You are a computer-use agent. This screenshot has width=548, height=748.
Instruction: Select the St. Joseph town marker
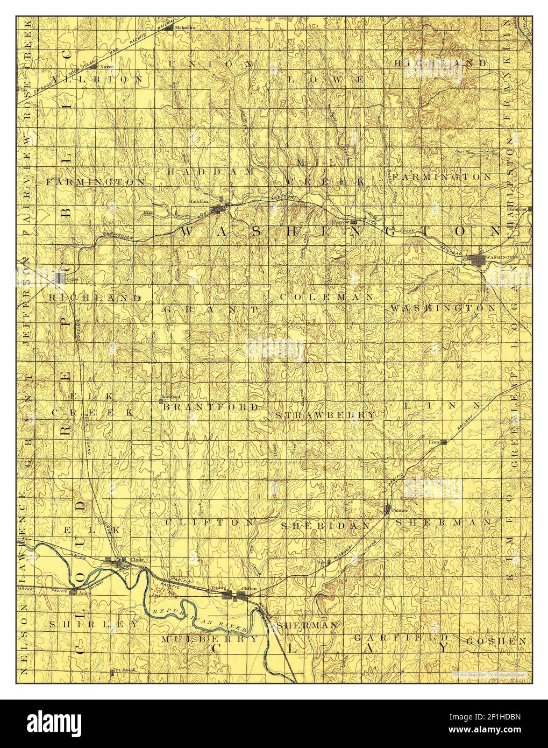pyautogui.click(x=113, y=671)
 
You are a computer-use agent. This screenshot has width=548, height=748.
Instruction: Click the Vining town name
pyautogui.click(x=218, y=588)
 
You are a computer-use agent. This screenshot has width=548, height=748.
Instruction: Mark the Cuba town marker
pyautogui.click(x=60, y=278)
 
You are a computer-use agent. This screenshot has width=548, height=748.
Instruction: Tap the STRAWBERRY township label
pyautogui.click(x=325, y=415)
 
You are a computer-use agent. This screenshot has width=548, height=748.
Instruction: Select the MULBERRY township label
pyautogui.click(x=210, y=639)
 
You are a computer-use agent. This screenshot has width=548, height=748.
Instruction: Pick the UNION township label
pyautogui.click(x=211, y=63)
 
